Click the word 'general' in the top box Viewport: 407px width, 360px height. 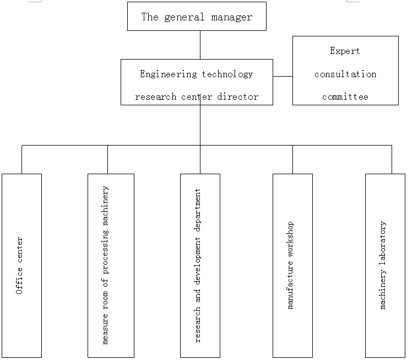184,18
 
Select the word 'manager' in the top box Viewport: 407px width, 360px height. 231,18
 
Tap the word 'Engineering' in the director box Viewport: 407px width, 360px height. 169,74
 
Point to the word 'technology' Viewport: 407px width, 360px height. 227,74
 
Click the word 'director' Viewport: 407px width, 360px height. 238,97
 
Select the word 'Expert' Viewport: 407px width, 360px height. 345,51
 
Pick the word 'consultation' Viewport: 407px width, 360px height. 345,74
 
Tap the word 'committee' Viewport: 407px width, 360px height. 345,97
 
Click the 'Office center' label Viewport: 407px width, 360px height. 19,266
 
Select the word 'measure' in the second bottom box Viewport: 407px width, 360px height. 105,329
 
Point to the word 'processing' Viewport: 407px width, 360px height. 105,252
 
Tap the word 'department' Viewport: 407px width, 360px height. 198,210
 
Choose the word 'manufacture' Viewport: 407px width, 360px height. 290,285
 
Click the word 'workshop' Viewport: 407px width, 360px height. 290,239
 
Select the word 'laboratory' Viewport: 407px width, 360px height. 383,243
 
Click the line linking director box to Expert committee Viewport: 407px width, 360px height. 283,77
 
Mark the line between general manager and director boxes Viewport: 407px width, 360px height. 200,45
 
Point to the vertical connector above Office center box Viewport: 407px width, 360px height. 21,159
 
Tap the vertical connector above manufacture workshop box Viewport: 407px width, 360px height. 292,159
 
